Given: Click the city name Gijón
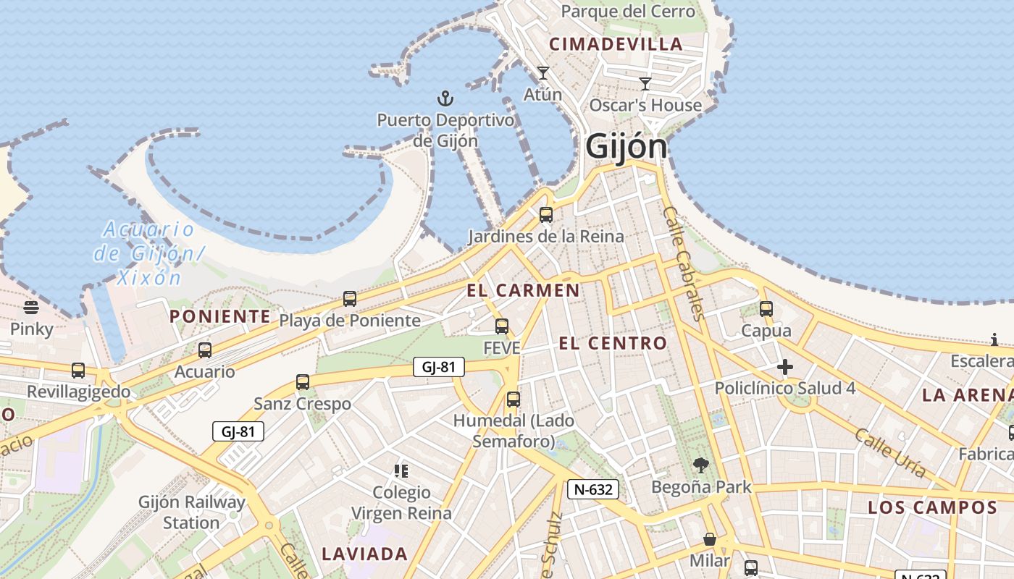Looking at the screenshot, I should pyautogui.click(x=626, y=146).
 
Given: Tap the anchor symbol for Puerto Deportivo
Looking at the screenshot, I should pyautogui.click(x=445, y=98).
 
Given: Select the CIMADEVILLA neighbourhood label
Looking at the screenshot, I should pyautogui.click(x=616, y=44).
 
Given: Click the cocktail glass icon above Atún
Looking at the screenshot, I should pyautogui.click(x=542, y=72).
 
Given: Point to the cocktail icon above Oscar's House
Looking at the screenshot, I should pyautogui.click(x=645, y=83).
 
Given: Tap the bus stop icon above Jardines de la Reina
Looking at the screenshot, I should pyautogui.click(x=546, y=214).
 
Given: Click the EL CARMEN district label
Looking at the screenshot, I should pyautogui.click(x=523, y=291).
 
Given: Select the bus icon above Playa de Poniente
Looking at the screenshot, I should pyautogui.click(x=350, y=298).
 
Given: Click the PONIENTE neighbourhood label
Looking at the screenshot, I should pyautogui.click(x=220, y=316).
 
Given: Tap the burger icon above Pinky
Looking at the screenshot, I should pyautogui.click(x=31, y=308).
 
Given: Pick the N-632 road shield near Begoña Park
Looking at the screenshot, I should pyautogui.click(x=592, y=489).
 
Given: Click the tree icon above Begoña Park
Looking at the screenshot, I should pyautogui.click(x=700, y=465).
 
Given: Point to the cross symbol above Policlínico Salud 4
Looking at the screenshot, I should pyautogui.click(x=784, y=367).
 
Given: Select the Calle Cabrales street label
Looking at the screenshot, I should pyautogui.click(x=684, y=263).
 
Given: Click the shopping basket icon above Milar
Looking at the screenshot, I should pyautogui.click(x=710, y=539).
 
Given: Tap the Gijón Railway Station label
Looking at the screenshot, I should pyautogui.click(x=192, y=512).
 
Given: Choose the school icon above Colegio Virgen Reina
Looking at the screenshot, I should pyautogui.click(x=401, y=471).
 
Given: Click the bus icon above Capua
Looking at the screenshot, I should pyautogui.click(x=766, y=309).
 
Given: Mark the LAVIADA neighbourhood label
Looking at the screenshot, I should pyautogui.click(x=365, y=554).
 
